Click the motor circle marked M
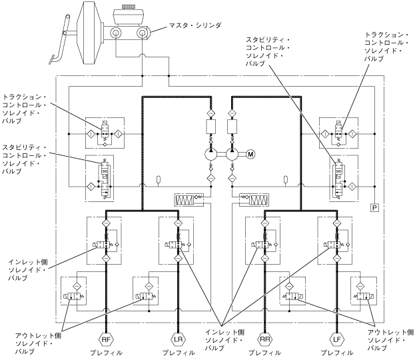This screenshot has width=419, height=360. coord(251,155)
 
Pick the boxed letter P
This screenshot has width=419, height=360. coord(374,209)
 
